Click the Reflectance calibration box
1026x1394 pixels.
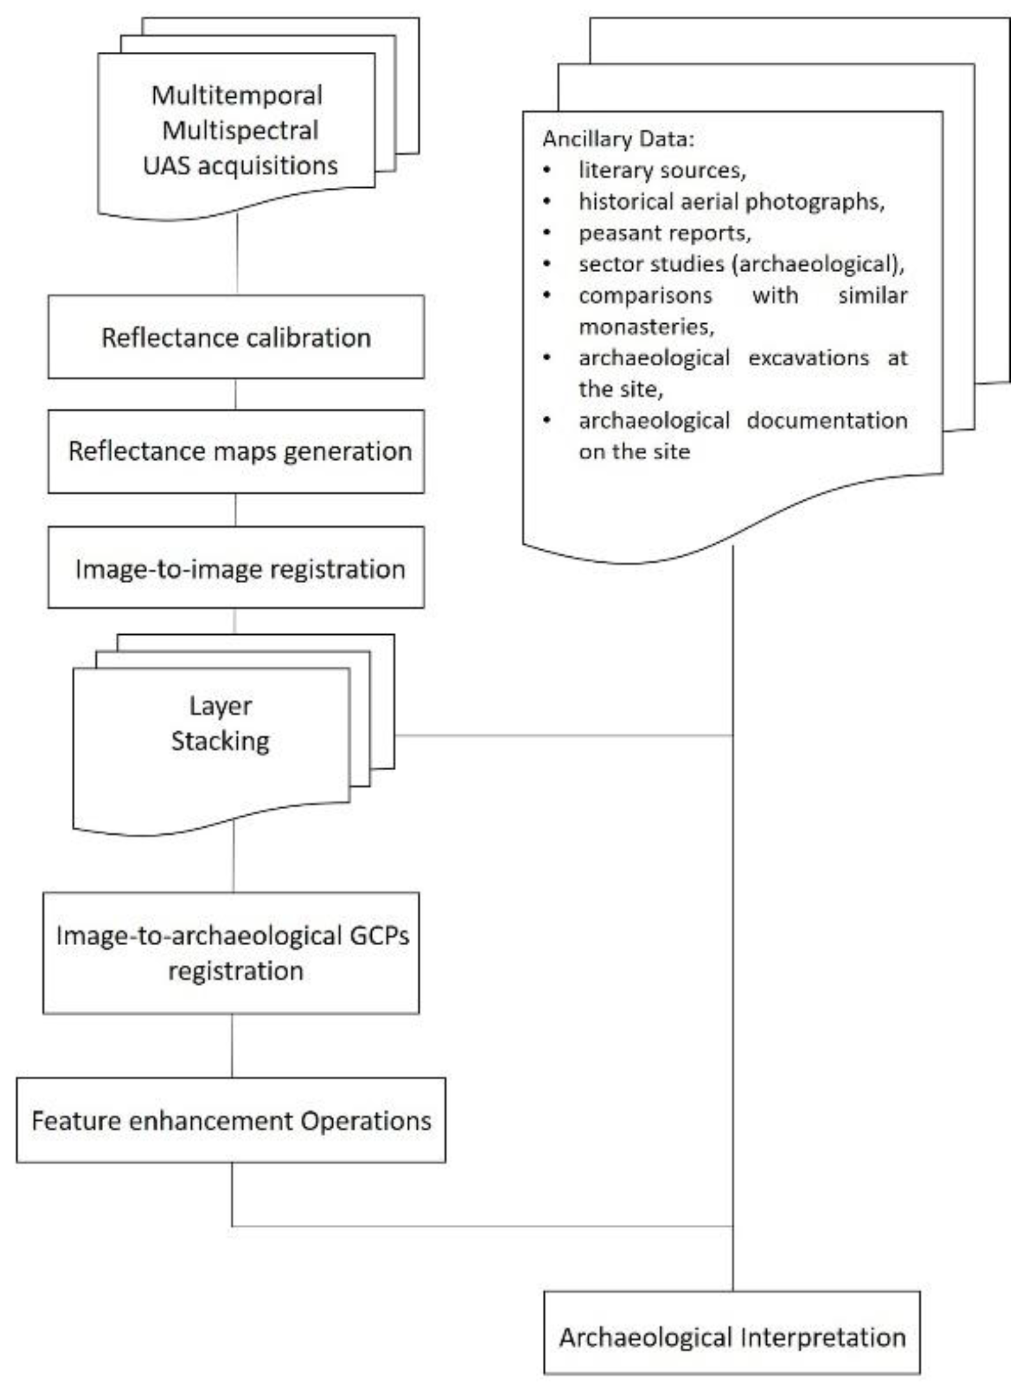pos(236,337)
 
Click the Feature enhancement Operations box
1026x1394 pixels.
pos(231,1120)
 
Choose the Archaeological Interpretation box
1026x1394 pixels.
pos(731,1337)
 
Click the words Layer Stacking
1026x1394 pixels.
pos(220,724)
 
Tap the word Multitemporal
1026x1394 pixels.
pos(236,96)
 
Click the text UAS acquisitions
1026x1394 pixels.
pos(240,166)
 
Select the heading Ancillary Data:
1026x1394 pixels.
pos(618,139)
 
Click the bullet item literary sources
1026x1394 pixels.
pos(662,170)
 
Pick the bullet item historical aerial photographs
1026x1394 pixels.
pos(731,201)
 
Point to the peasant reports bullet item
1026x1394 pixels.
pos(665,233)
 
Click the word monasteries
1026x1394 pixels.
pos(645,326)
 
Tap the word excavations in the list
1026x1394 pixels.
pos(808,358)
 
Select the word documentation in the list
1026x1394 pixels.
pos(826,420)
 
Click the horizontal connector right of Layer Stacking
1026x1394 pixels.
pos(564,735)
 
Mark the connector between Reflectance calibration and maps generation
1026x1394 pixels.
pos(235,394)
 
